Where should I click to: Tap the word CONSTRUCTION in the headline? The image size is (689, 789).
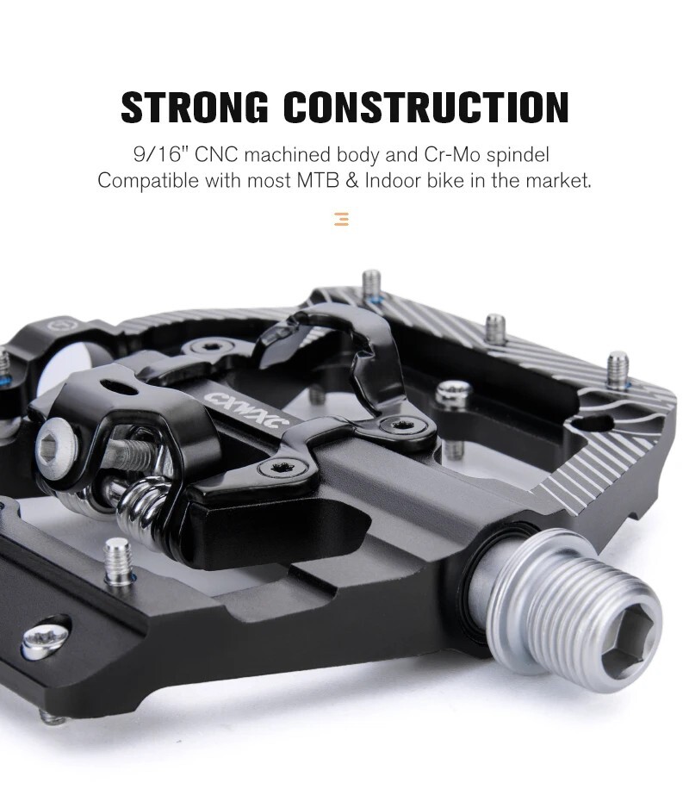(426, 107)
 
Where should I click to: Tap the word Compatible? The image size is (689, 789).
(147, 182)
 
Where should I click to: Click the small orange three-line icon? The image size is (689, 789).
(342, 219)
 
